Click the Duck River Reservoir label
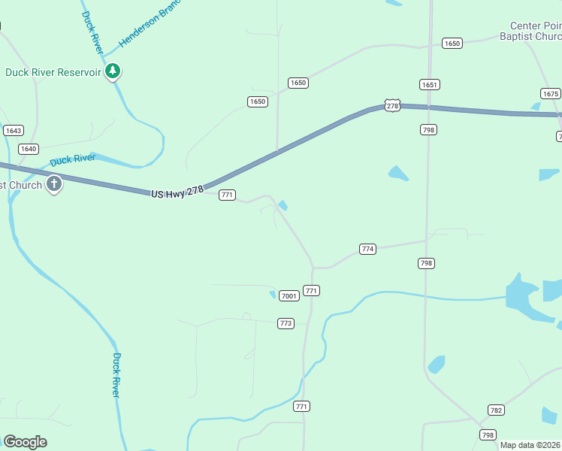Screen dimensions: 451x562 [x=53, y=73]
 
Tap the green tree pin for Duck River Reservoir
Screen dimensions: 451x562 [x=113, y=71]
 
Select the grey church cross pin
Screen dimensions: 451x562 [x=53, y=183]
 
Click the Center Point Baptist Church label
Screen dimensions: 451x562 [x=531, y=31]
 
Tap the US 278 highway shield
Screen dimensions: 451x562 [x=392, y=106]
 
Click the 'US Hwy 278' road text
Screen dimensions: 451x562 [x=177, y=192]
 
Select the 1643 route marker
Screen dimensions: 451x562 [x=13, y=131]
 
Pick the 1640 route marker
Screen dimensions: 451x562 [x=29, y=149]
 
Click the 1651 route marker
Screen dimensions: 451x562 [x=429, y=85]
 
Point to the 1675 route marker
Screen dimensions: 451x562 [x=550, y=94]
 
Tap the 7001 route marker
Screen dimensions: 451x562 [x=289, y=295]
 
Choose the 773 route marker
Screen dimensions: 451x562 [x=286, y=323]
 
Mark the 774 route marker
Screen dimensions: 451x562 [x=367, y=249]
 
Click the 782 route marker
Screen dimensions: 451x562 [x=496, y=410]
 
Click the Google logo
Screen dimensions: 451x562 [x=25, y=442]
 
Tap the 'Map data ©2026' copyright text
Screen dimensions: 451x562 [x=530, y=445]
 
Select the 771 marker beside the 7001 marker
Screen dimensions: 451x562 [x=312, y=290]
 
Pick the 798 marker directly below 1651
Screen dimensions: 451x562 [x=428, y=130]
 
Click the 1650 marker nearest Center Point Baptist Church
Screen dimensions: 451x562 [x=452, y=44]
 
